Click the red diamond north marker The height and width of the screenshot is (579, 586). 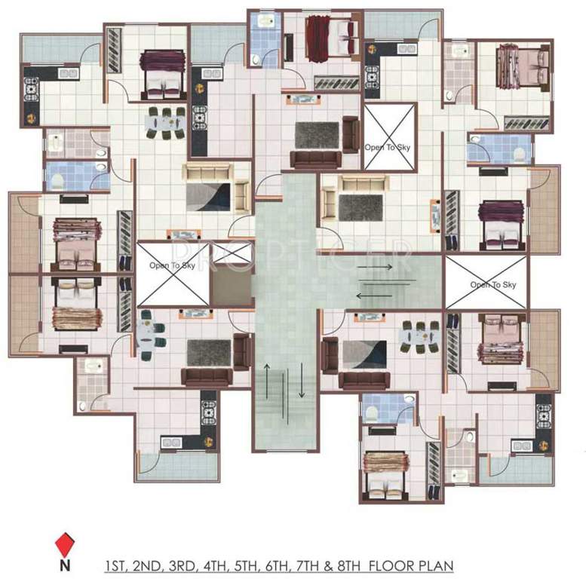[66, 542]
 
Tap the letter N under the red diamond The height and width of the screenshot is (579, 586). [66, 562]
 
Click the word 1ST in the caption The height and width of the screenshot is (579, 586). [116, 563]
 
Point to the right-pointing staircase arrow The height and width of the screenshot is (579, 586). [374, 267]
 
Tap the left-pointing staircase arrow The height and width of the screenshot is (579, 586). [374, 295]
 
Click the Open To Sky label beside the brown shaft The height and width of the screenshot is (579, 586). [170, 265]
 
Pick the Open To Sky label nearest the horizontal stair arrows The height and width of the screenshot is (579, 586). [493, 284]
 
